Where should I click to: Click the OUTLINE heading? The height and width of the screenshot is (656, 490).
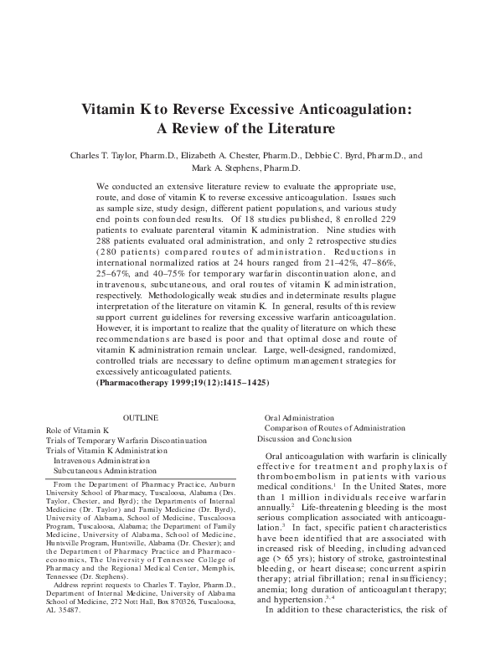pos(140,416)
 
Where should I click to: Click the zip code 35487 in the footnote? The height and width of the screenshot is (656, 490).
pos(67,611)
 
